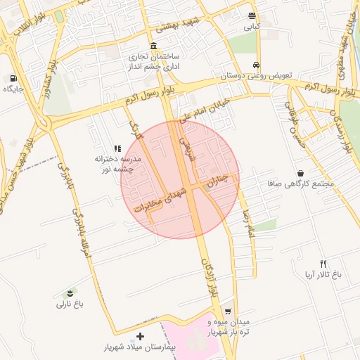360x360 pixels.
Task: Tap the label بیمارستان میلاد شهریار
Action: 141,348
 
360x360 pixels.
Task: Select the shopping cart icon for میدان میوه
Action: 227,311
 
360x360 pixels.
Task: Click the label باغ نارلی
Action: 70,304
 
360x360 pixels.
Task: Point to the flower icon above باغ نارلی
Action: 70,292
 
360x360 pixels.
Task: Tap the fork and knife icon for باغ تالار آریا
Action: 323,264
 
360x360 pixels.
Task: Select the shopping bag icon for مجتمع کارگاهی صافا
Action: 301,173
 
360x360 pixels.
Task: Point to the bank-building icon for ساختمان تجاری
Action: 154,45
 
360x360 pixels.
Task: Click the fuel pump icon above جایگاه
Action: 13,77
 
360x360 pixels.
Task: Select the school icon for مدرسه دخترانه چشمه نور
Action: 117,148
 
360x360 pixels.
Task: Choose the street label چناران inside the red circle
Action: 216,180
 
